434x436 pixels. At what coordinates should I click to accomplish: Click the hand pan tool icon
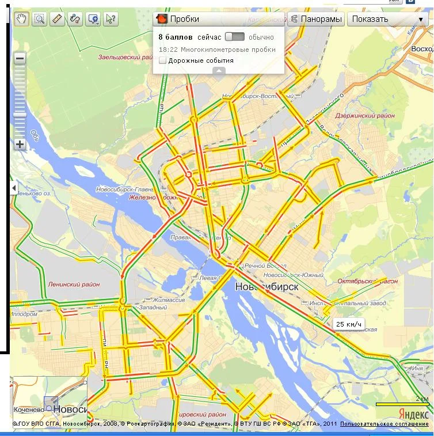(21, 19)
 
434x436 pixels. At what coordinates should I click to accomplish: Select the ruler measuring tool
(57, 19)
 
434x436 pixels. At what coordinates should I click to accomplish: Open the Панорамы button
(316, 19)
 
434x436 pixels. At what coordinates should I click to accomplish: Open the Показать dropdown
(387, 19)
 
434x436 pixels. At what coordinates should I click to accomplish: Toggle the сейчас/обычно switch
(235, 37)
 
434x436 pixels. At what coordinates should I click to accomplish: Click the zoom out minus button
(20, 58)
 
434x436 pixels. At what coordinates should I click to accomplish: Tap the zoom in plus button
(20, 144)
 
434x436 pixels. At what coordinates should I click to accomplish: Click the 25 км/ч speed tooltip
(349, 324)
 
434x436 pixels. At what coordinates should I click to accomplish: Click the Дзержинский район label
(365, 116)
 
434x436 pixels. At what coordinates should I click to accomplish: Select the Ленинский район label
(74, 284)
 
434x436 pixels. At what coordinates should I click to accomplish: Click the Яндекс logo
(413, 414)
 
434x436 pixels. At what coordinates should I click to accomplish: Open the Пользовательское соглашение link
(384, 424)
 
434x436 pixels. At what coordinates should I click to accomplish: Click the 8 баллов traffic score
(176, 37)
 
